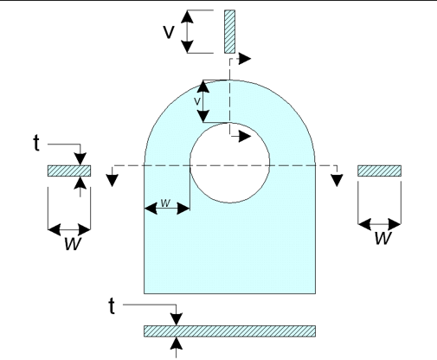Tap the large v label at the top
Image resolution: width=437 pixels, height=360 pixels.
pos(170,31)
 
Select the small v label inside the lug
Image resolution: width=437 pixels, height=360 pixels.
pos(196,101)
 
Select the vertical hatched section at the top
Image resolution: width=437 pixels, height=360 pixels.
pos(229,31)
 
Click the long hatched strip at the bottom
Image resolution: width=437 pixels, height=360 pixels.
pos(229,331)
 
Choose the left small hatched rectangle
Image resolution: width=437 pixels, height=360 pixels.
pos(68,170)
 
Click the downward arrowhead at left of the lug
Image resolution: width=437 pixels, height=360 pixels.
pos(112,179)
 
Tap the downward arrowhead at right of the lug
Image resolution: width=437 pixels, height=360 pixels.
pos(334,179)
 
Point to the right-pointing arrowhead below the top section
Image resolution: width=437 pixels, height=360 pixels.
pos(247,59)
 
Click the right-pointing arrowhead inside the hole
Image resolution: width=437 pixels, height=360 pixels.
pos(247,137)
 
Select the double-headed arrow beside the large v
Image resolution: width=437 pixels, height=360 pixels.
pos(190,31)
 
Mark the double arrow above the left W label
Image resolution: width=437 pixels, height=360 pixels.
pos(69,229)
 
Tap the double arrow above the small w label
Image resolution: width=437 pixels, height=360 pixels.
pos(166,209)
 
